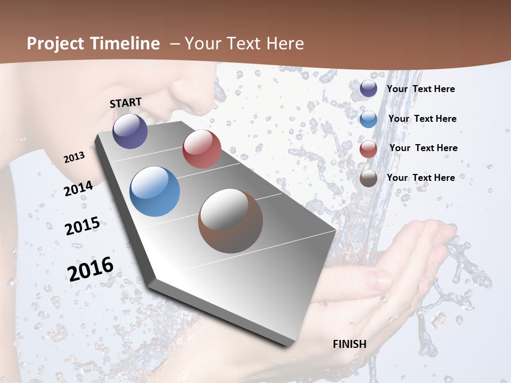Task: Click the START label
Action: point(126,102)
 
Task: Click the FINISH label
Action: point(349,344)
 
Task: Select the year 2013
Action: point(74,157)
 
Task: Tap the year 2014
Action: point(78,189)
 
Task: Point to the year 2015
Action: point(82,226)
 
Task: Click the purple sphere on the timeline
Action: point(130,131)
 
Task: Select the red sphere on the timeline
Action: point(202,149)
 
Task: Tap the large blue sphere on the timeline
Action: point(154,191)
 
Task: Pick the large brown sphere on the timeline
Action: point(230,221)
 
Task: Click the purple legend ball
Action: point(368,89)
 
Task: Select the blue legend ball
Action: point(368,119)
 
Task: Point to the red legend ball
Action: point(368,149)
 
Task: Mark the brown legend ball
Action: point(368,179)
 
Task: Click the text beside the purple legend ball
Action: point(421,89)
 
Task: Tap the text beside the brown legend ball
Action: point(421,178)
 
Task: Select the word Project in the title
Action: point(55,44)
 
